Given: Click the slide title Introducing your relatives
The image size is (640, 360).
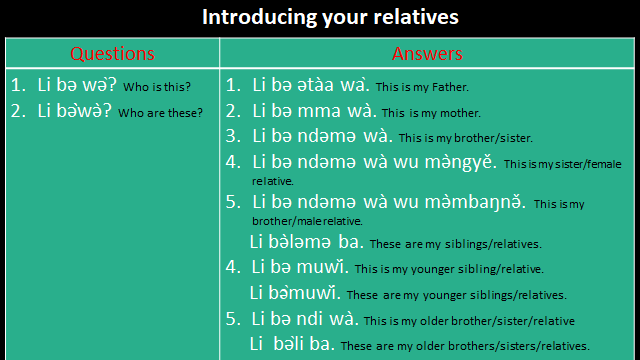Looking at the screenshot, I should coord(319,17).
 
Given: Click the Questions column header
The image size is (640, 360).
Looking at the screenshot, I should coord(110,53).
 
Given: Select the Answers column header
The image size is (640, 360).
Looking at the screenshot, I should coord(427,53).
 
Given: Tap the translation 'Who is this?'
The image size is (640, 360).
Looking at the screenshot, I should coord(158,87).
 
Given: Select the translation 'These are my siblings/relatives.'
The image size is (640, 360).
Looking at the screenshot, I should coord(455,244).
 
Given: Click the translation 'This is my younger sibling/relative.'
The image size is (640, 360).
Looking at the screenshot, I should coord(449,270).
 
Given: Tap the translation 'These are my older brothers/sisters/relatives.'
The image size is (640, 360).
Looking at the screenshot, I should coord(464,346).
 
